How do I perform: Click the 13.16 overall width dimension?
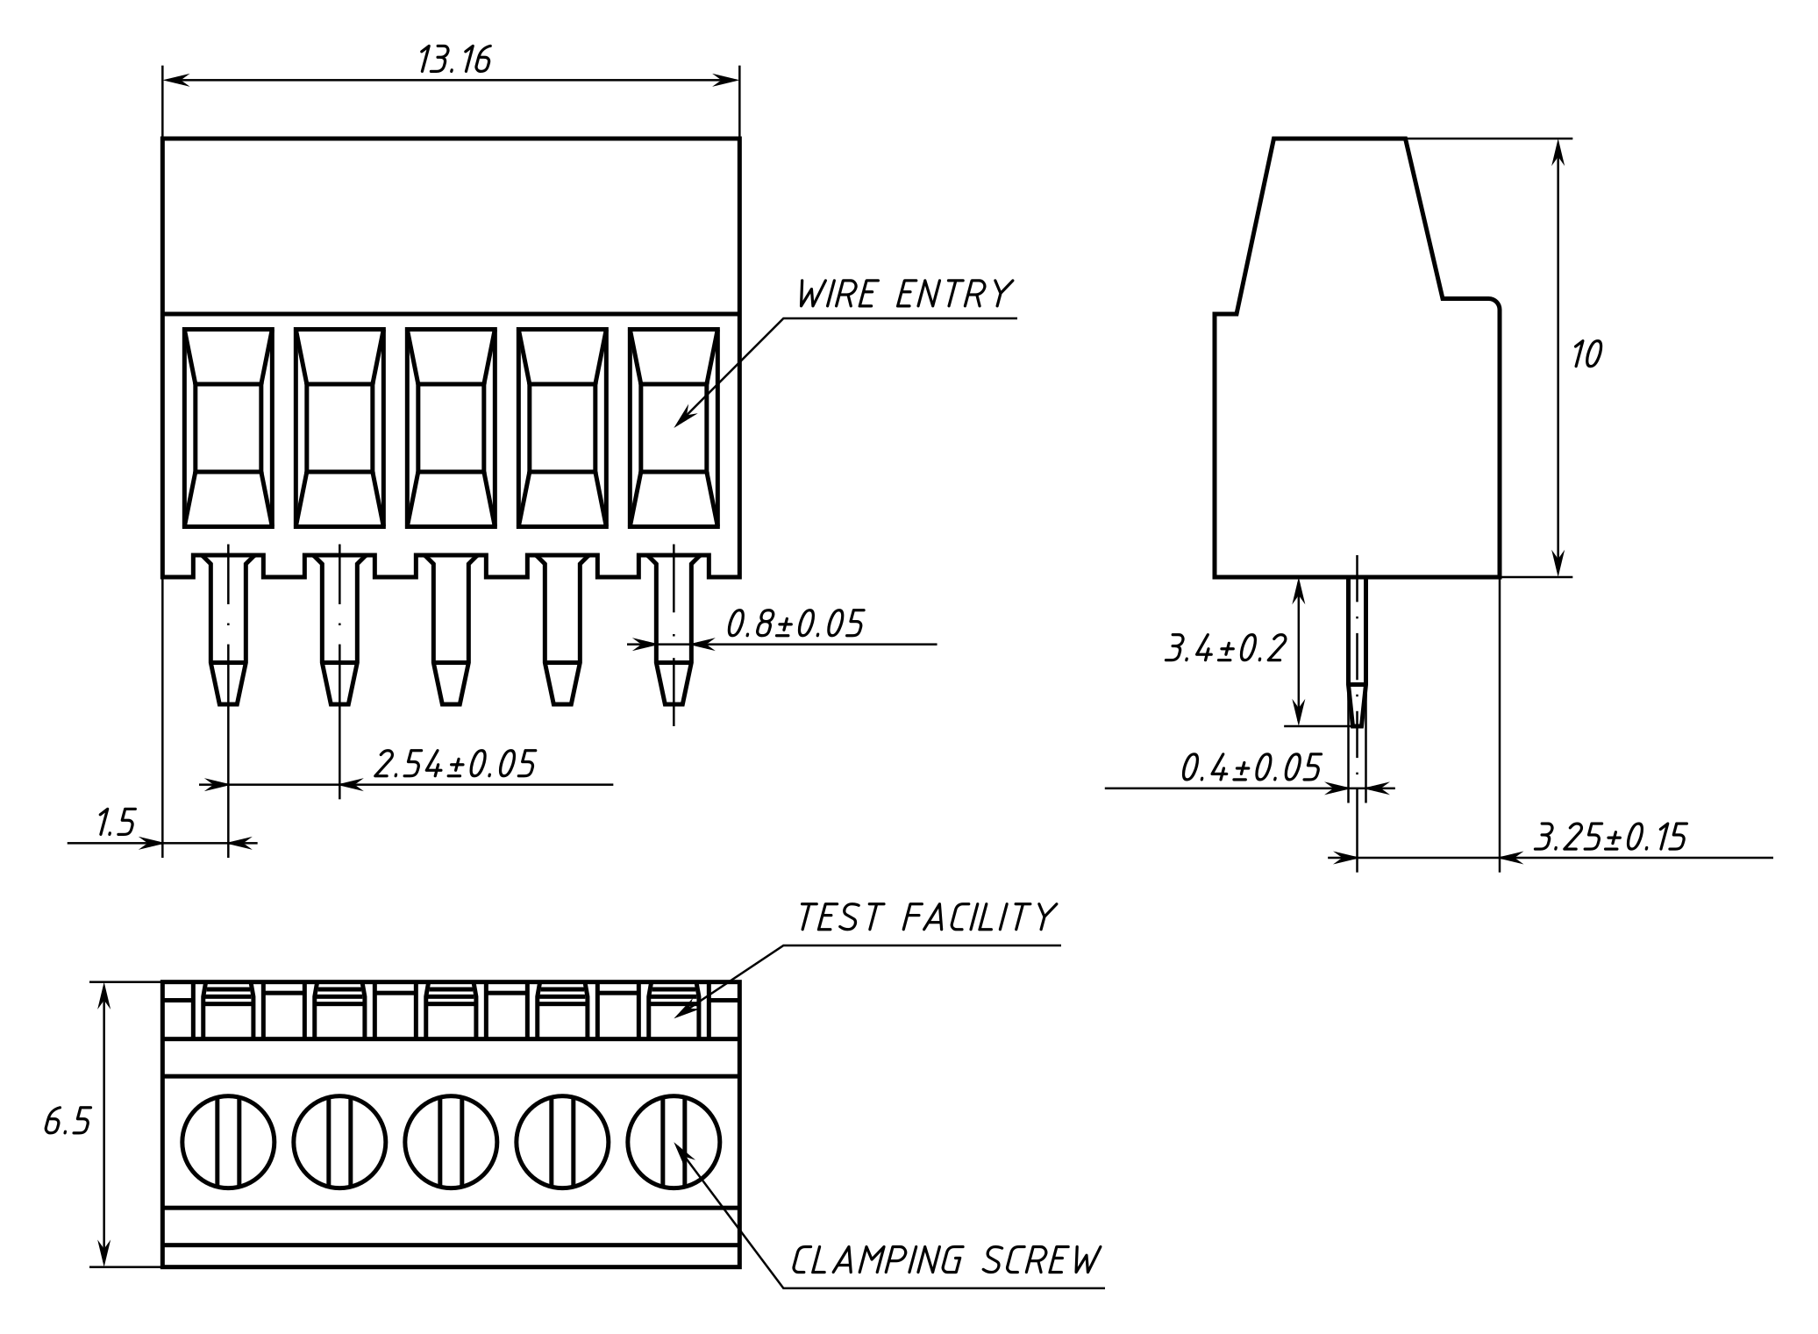pyautogui.click(x=453, y=60)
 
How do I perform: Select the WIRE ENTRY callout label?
pyautogui.click(x=904, y=295)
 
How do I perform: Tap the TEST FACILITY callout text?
pyautogui.click(x=925, y=917)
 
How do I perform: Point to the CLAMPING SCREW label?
pyautogui.click(x=945, y=1260)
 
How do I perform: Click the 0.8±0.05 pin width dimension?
pyautogui.click(x=795, y=624)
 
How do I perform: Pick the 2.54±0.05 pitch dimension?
pyautogui.click(x=454, y=764)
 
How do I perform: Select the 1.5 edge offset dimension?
pyautogui.click(x=116, y=824)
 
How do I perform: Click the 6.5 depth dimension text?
pyautogui.click(x=68, y=1122)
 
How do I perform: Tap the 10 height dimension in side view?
pyautogui.click(x=1586, y=354)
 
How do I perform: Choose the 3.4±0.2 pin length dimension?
pyautogui.click(x=1224, y=649)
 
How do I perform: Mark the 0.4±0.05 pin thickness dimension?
pyautogui.click(x=1250, y=768)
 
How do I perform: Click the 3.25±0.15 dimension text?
pyautogui.click(x=1610, y=838)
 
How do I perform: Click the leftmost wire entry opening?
pyautogui.click(x=228, y=428)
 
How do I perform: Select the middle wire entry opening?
pyautogui.click(x=451, y=428)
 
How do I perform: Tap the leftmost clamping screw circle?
pyautogui.click(x=228, y=1142)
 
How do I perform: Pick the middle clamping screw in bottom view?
pyautogui.click(x=451, y=1142)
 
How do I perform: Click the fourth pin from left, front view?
pyautogui.click(x=562, y=631)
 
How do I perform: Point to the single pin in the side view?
pyautogui.click(x=1357, y=649)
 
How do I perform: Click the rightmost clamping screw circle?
pyautogui.click(x=674, y=1142)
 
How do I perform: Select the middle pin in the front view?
pyautogui.click(x=451, y=631)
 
